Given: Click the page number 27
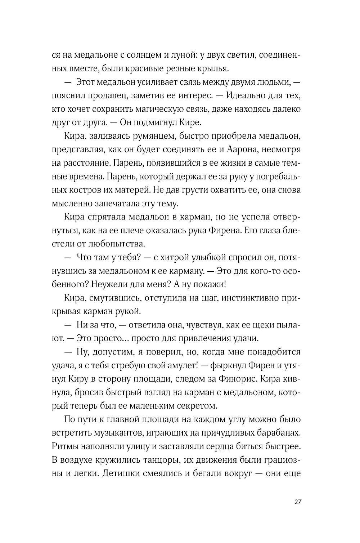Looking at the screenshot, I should pyautogui.click(x=297, y=503).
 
